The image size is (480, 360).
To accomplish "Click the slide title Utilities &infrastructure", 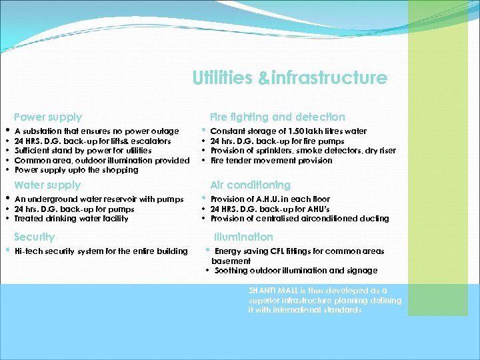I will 289,79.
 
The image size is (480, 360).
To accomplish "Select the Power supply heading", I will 48,117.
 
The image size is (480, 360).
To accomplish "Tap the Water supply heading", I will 47,185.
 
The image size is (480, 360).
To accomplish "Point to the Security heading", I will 35,237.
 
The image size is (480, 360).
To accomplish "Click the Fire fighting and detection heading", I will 277,117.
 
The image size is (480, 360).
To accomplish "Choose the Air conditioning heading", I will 250,185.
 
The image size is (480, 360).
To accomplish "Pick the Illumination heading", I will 243,237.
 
